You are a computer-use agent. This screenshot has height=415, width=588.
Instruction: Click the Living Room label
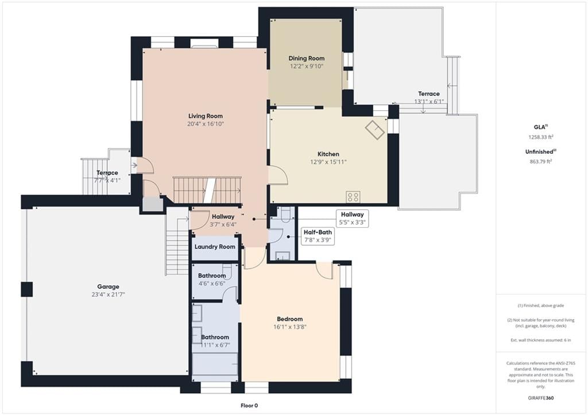206,116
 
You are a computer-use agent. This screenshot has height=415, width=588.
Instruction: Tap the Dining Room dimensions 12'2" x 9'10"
307,67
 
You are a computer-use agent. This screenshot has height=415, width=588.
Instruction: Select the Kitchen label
328,154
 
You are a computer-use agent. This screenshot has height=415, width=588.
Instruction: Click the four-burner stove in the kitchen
353,197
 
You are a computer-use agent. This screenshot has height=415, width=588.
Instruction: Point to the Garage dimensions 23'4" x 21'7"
108,294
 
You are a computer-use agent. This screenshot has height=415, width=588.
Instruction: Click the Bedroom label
289,319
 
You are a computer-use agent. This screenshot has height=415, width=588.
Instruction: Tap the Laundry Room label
215,247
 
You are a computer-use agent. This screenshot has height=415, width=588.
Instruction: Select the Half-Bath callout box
317,236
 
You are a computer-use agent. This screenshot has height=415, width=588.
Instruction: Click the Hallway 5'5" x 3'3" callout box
352,218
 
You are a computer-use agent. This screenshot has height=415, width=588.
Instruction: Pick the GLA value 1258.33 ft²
541,137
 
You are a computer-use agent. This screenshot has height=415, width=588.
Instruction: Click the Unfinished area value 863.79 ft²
541,161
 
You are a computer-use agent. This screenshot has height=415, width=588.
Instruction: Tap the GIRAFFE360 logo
541,398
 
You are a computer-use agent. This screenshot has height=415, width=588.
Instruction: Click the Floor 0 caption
249,405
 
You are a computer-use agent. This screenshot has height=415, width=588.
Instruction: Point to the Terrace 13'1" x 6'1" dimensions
429,102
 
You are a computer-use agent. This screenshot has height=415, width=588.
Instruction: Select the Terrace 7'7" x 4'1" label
107,177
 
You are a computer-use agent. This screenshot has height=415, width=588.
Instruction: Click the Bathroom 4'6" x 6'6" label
212,280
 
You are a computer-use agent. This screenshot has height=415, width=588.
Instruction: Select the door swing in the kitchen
278,175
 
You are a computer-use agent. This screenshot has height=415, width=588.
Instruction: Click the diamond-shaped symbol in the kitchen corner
375,129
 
